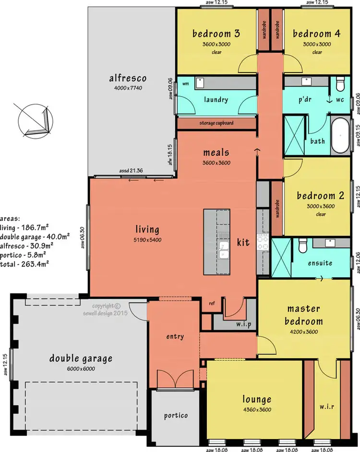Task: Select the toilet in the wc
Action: coord(340,85)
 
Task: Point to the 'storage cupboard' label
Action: coord(216,123)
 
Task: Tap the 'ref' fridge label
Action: coord(211,303)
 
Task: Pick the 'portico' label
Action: coord(175,415)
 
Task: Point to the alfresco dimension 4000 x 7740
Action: coord(128,88)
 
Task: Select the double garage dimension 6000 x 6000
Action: coord(80,368)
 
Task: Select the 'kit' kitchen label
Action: coord(243,243)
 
